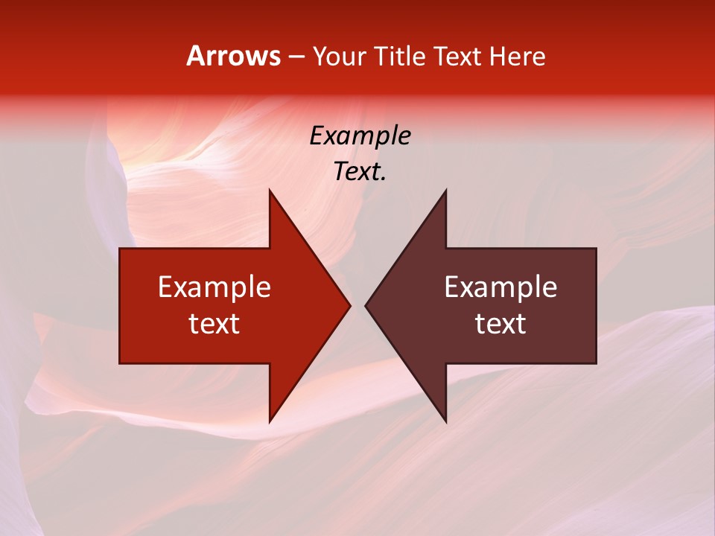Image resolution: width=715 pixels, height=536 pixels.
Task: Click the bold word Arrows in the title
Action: (x=234, y=56)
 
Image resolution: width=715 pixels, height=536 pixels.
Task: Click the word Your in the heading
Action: (x=338, y=56)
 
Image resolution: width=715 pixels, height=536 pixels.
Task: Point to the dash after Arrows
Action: (x=296, y=57)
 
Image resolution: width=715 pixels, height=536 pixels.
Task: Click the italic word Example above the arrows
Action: (x=360, y=135)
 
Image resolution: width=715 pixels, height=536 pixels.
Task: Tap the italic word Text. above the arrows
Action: (x=360, y=171)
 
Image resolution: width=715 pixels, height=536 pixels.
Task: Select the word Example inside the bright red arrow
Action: (x=214, y=287)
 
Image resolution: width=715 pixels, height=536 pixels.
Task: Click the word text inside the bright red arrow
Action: (x=214, y=323)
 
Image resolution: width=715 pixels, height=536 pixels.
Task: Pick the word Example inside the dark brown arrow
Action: (x=500, y=287)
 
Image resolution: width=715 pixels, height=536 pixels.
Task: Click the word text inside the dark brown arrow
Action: (x=500, y=323)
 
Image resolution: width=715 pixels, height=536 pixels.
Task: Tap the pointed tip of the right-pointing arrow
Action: (x=350, y=306)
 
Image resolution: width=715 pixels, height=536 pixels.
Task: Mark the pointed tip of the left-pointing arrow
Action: (x=365, y=306)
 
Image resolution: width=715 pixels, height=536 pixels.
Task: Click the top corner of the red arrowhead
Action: (x=270, y=190)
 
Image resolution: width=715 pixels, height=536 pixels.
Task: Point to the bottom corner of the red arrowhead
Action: (x=270, y=422)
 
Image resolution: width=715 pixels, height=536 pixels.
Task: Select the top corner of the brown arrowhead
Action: (x=446, y=190)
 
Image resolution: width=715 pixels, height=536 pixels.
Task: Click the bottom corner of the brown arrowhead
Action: (x=446, y=422)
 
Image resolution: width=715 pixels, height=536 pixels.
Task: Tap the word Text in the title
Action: (x=458, y=56)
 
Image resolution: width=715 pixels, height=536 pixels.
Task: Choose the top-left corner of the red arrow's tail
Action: (x=120, y=249)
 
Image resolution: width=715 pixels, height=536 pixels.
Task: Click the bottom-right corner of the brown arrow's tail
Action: (x=596, y=363)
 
